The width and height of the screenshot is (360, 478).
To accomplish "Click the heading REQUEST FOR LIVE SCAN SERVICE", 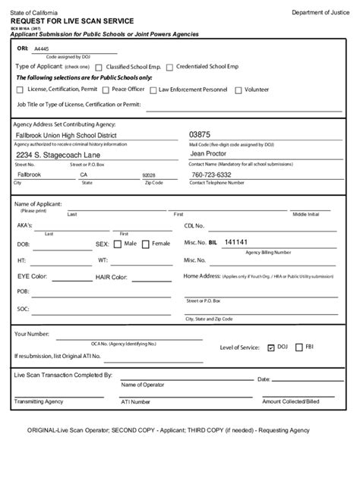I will point(66,21).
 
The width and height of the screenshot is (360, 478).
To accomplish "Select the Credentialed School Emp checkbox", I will point(169,67).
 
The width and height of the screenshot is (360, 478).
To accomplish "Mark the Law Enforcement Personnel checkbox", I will point(153,90).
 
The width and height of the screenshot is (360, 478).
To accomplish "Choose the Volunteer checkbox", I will point(238,90).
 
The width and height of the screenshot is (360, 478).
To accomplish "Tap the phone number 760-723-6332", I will point(211,174).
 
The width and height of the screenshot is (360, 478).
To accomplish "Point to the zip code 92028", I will point(149,175).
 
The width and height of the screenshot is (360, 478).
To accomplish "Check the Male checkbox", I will point(118,244).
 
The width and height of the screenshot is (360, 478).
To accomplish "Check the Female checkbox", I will point(146,244).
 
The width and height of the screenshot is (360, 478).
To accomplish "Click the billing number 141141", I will point(236,242).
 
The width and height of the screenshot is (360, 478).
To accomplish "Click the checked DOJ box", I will point(271,347).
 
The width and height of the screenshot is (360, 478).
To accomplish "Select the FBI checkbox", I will point(299,347).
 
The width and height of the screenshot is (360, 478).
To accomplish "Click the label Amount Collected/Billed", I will point(290,401).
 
